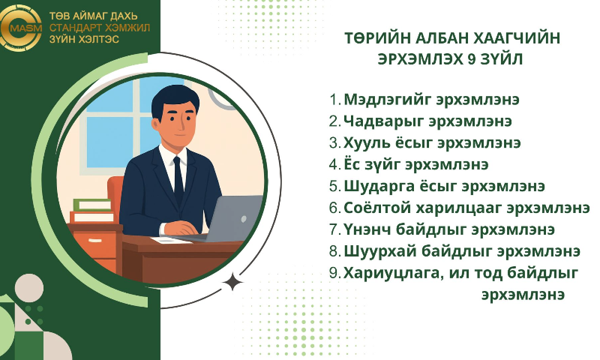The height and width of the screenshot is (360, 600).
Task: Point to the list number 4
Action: pyautogui.click(x=334, y=164)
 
